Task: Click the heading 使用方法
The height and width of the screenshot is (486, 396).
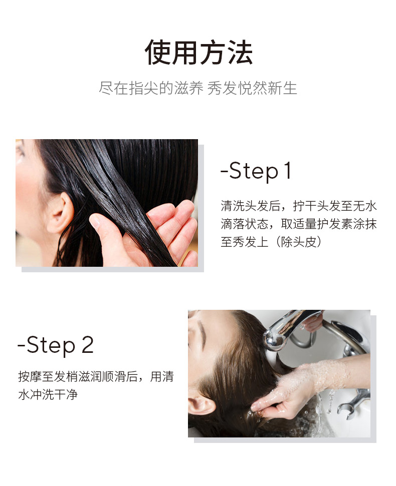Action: [x=199, y=53]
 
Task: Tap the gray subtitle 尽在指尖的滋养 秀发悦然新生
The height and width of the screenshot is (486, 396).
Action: [x=198, y=88]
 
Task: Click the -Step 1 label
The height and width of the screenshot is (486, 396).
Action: [x=256, y=171]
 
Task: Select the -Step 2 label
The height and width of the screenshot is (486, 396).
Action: [x=56, y=345]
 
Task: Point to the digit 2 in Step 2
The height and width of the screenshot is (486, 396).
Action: [x=88, y=344]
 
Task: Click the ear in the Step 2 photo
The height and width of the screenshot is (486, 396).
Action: [x=202, y=404]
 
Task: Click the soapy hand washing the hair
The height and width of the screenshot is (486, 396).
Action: [x=289, y=390]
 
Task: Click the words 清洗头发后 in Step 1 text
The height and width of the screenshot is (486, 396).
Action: [x=251, y=206]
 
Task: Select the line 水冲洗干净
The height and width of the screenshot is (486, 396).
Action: [x=48, y=394]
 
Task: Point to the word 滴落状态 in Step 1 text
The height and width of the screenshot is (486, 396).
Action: [x=245, y=224]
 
